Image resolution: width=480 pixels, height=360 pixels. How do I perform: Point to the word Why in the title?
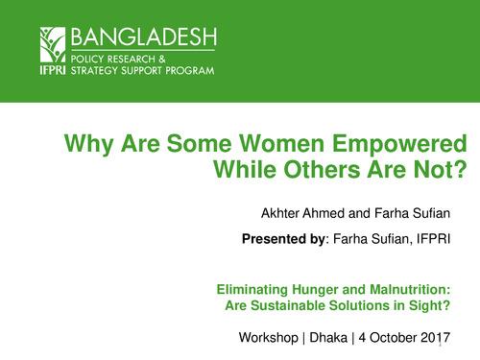pos(84,146)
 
